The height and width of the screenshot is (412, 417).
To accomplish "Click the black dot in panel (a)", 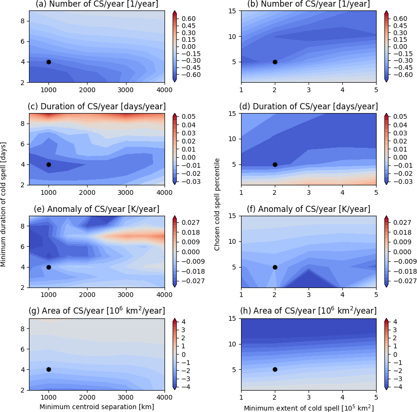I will tap(48, 62).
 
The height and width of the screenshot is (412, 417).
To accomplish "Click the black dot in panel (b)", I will tap(275, 62).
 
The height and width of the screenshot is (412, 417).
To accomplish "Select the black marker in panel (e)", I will tap(48, 267).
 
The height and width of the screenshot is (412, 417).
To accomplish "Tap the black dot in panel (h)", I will tap(275, 369).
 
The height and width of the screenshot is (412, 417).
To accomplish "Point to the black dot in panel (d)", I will tap(275, 164).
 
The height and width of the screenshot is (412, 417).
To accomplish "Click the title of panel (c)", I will tap(97, 106).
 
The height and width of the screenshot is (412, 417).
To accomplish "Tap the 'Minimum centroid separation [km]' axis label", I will tap(97, 407).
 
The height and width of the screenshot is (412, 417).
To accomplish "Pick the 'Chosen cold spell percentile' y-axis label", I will tap(217, 205).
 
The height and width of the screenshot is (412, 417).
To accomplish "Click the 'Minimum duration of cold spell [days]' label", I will tap(4, 205).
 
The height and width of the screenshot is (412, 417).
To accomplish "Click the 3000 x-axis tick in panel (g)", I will tap(126, 397).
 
